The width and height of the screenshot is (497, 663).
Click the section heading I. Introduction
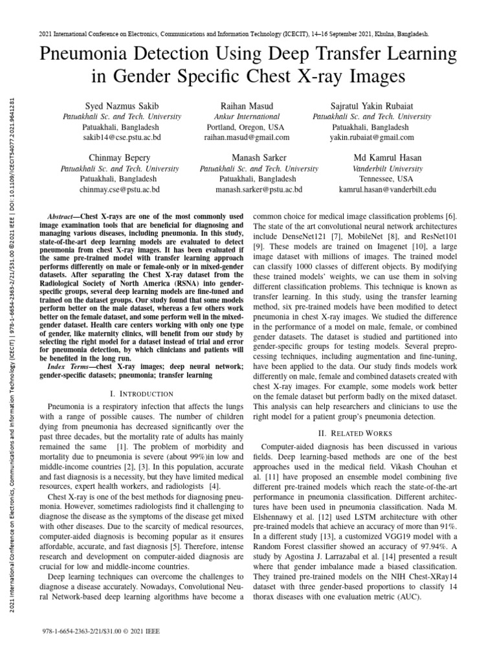click(x=142, y=393)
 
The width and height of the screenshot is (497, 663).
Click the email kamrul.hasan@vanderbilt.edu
click(x=388, y=190)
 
